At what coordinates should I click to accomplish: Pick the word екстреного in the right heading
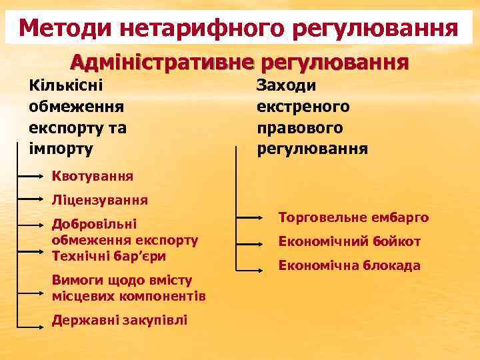[303, 106]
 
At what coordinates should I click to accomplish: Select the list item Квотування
[93, 177]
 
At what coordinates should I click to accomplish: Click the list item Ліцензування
[100, 199]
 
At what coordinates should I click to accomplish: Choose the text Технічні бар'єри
[109, 255]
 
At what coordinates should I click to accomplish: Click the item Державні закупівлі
[119, 321]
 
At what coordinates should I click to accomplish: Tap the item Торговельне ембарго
[353, 218]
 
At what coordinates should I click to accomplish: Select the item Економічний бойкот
[349, 241]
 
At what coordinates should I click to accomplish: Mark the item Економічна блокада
[349, 265]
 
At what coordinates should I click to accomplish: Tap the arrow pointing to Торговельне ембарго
[250, 218]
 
